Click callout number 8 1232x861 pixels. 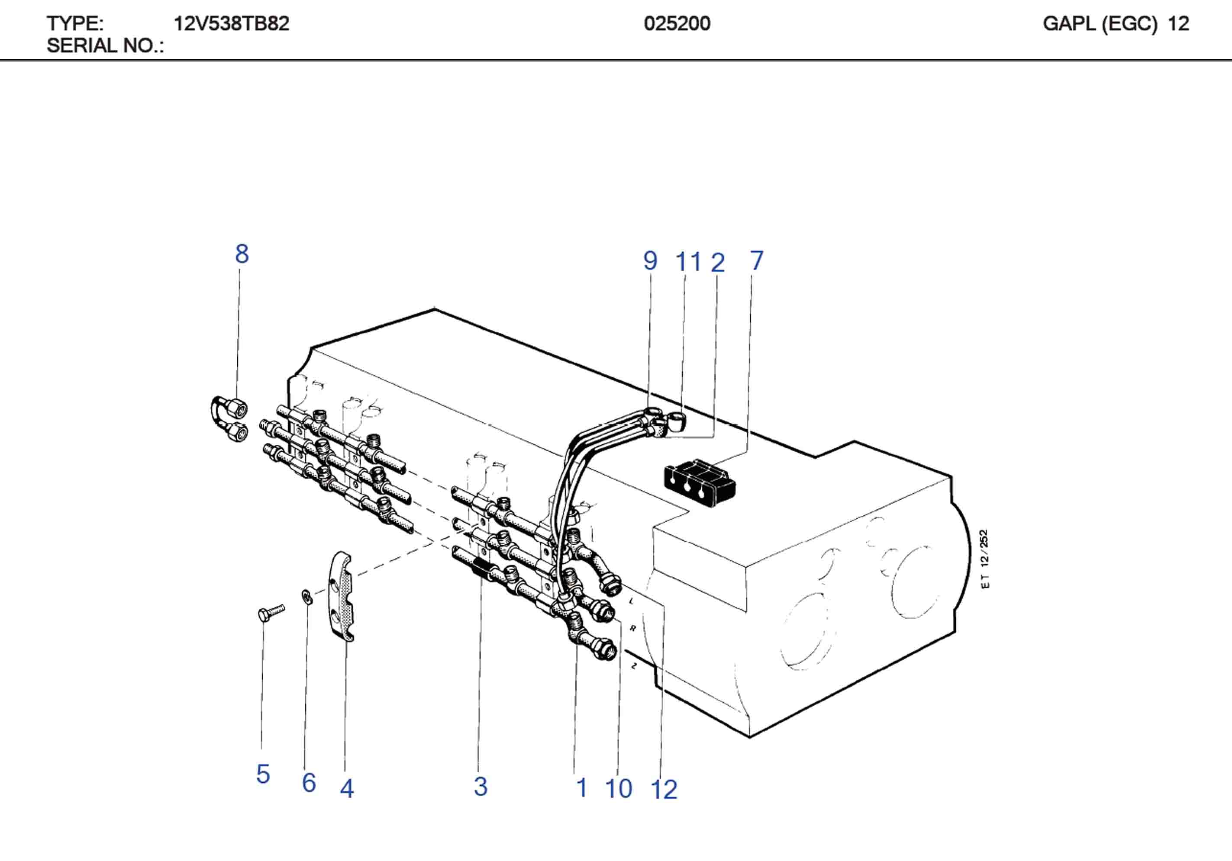tap(242, 254)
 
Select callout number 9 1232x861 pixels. tap(650, 261)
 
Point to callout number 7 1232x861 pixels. tap(756, 261)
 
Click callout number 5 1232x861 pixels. tap(262, 774)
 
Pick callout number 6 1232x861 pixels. tap(309, 783)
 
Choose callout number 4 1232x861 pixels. tap(347, 788)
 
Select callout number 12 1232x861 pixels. tap(664, 789)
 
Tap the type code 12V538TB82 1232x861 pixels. tap(231, 24)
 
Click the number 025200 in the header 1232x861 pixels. tap(677, 24)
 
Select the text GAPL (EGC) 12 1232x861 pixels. tap(1116, 24)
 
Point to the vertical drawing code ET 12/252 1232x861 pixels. tap(984, 559)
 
